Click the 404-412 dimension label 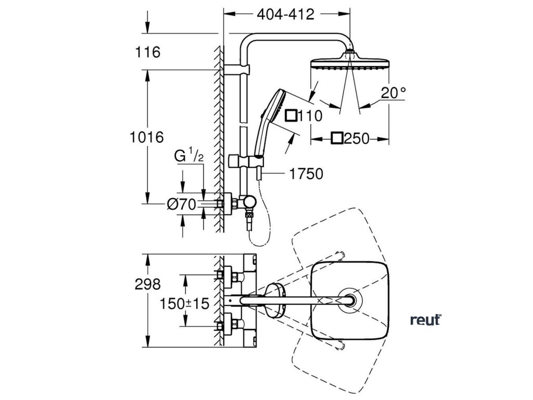[x=286, y=15]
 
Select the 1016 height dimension [x=147, y=137]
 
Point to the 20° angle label [x=392, y=93]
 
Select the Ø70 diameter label [x=182, y=205]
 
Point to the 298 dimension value [x=147, y=284]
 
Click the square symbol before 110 [x=293, y=115]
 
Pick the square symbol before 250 [x=337, y=139]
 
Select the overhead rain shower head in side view [x=349, y=62]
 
